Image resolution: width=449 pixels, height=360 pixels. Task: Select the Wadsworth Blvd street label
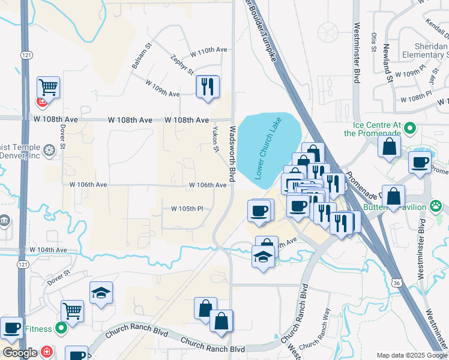(x=232, y=154)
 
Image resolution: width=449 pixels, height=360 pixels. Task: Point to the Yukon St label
(x=214, y=139)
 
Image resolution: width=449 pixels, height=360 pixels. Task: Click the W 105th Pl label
(x=187, y=209)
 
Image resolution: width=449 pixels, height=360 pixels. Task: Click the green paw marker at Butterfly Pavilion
(x=436, y=207)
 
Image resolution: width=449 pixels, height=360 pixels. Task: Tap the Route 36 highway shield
(x=396, y=282)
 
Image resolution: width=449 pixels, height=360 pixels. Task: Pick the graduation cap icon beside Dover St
(x=101, y=293)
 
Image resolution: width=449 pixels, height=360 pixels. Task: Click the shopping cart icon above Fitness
(x=72, y=311)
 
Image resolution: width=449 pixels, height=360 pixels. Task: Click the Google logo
(x=20, y=353)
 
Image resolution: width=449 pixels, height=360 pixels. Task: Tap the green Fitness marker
(x=61, y=328)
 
